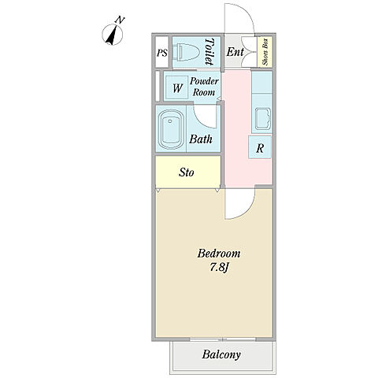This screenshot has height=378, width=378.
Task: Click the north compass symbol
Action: [112, 35]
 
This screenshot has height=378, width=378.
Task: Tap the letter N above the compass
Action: [120, 20]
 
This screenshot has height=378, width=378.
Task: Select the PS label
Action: [162, 53]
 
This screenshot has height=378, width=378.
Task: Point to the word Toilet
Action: [209, 52]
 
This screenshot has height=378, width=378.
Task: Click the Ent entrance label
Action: [235, 52]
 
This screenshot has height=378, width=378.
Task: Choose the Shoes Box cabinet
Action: [265, 52]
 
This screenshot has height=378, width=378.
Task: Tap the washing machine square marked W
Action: [177, 87]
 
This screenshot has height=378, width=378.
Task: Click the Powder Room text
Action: [204, 87]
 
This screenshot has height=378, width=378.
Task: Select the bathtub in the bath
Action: [171, 129]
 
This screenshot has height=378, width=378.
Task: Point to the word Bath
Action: [201, 139]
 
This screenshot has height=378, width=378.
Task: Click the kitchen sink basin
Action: [263, 119]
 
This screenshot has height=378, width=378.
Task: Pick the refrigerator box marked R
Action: [260, 147]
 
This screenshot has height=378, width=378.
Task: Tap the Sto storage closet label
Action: [187, 172]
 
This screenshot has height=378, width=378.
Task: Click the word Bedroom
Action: [219, 254]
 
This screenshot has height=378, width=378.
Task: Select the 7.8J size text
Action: [220, 267]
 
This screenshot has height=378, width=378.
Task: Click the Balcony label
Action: [221, 354]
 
